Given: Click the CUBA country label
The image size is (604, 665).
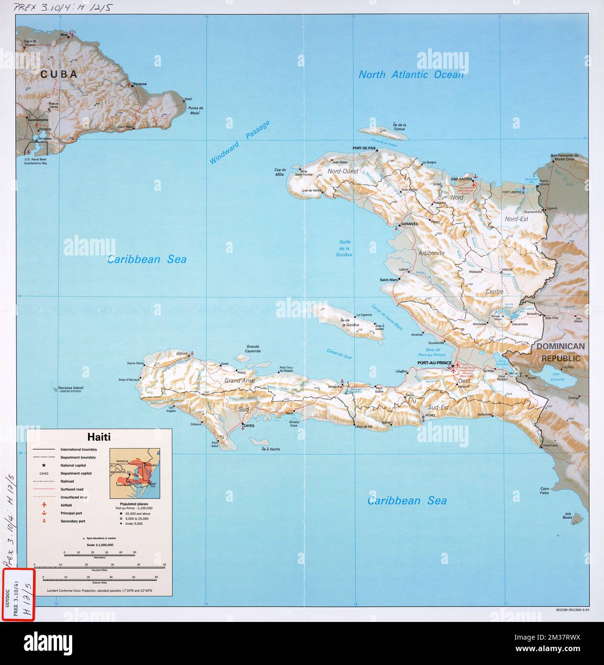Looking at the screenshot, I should click(x=59, y=74).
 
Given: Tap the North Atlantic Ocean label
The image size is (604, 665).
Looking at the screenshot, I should click(x=411, y=75).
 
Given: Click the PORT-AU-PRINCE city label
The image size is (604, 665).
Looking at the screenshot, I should click(x=434, y=363).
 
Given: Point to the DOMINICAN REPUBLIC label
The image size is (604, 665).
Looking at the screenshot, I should click(x=560, y=352).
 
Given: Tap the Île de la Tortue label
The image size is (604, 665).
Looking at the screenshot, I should click(x=398, y=127).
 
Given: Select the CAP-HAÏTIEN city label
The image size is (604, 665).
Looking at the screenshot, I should click(x=461, y=179).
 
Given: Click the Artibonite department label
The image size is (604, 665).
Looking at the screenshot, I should click(x=431, y=253).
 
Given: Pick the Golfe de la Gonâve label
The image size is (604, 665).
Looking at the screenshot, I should click(x=345, y=248).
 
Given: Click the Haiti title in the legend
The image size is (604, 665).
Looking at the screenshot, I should click(x=99, y=437).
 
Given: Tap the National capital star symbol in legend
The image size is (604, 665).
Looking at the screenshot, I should click(x=44, y=465).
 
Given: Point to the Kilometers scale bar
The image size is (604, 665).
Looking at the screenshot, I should click(x=99, y=554).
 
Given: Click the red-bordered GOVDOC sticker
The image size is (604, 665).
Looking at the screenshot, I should click(x=19, y=594).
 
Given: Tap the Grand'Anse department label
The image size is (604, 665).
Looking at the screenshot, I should click(x=240, y=381).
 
